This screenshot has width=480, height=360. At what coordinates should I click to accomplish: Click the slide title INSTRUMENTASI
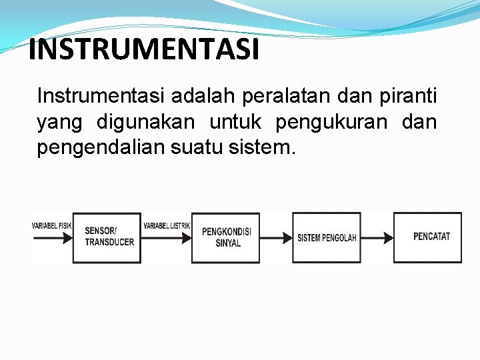coord(143,50)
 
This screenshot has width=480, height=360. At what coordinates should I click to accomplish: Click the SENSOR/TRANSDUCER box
coord(107,237)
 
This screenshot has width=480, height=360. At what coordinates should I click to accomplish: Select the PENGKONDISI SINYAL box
coord(226,237)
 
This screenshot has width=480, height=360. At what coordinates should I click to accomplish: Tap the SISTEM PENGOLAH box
coord(327,237)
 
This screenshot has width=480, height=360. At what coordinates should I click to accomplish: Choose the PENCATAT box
coord(427,237)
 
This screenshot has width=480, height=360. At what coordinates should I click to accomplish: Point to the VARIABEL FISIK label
coord(51,226)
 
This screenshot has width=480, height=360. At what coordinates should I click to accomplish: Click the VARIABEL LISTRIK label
coord(167,226)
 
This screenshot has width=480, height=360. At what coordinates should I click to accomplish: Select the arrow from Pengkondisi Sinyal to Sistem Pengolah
coord(276,237)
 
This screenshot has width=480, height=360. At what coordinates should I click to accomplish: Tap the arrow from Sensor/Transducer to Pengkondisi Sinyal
coord(167,237)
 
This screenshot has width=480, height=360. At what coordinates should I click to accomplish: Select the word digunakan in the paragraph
coord(146,123)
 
